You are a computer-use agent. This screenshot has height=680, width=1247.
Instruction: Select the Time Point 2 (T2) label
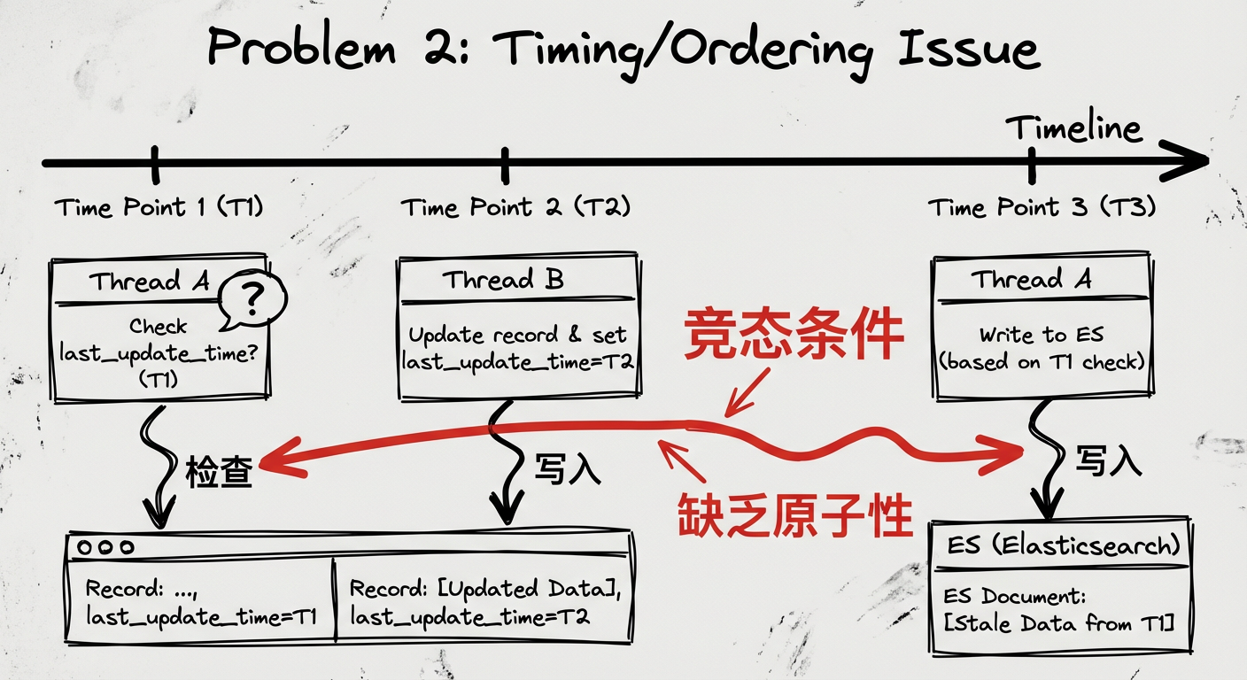click(515, 208)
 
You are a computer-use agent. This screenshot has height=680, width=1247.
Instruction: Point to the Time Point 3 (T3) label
click(1042, 208)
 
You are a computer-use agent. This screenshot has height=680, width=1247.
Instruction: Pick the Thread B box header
click(503, 281)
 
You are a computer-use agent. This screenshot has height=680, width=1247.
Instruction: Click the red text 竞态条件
click(794, 336)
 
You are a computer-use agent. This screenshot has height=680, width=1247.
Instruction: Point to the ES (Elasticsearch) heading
click(1058, 545)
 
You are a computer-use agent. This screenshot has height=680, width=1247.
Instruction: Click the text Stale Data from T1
click(1058, 623)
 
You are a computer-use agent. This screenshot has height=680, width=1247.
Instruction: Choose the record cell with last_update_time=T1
click(201, 602)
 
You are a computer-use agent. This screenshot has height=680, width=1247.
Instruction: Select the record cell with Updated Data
click(483, 602)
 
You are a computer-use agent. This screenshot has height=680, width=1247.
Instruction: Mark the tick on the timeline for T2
click(505, 164)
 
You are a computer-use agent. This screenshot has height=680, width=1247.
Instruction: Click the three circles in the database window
click(105, 548)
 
